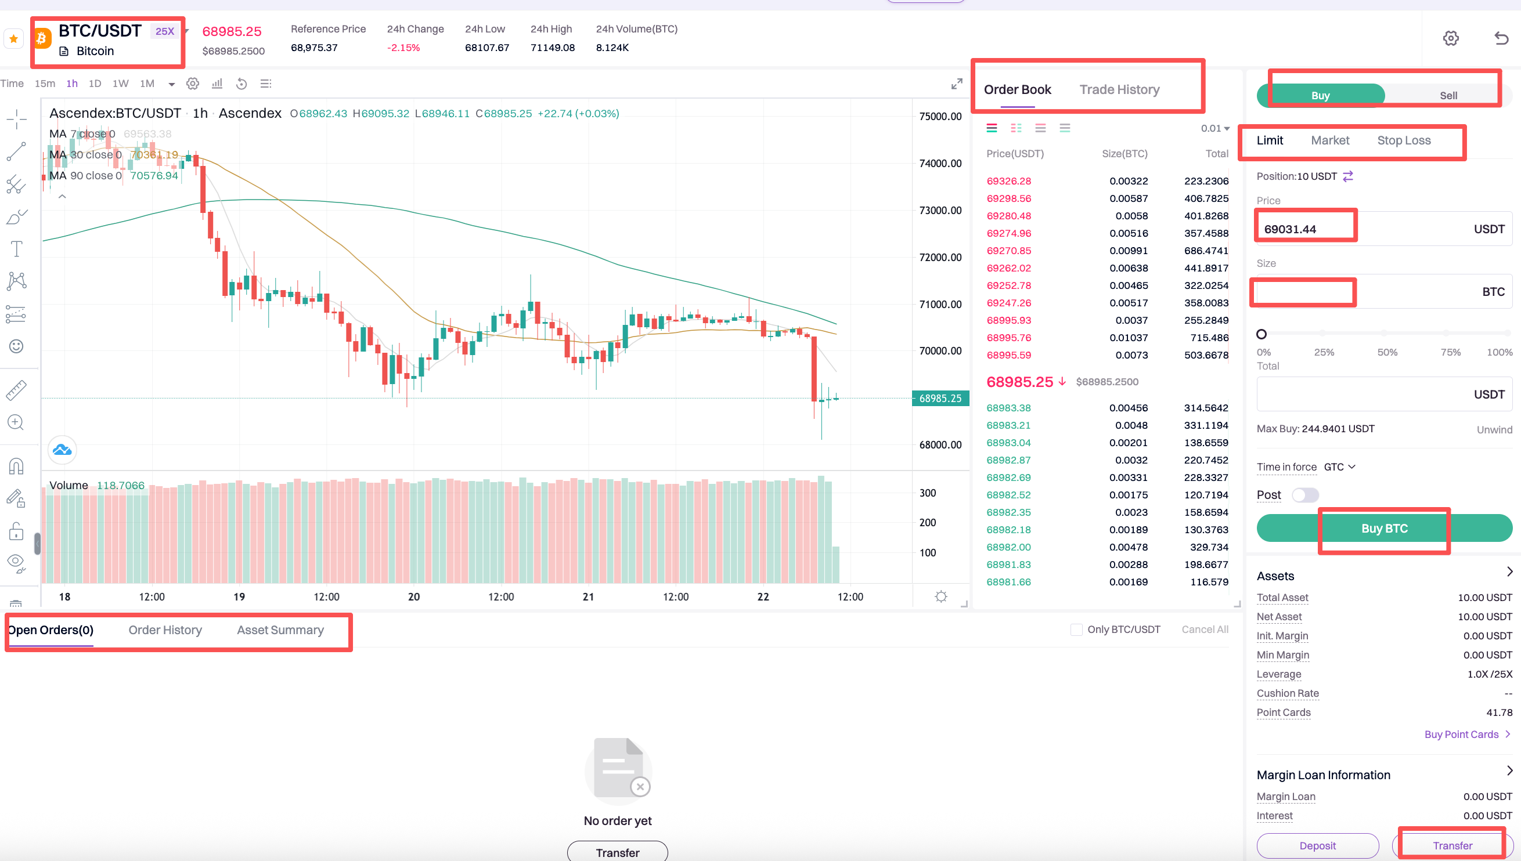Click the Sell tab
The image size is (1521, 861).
pyautogui.click(x=1447, y=96)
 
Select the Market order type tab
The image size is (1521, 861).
pyautogui.click(x=1329, y=141)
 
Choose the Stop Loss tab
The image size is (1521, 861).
pyautogui.click(x=1403, y=141)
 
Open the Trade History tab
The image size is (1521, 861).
pyautogui.click(x=1119, y=90)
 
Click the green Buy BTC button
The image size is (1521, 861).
pyautogui.click(x=1384, y=529)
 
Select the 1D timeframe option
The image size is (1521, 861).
pyautogui.click(x=95, y=84)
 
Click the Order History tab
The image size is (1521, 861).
pyautogui.click(x=165, y=630)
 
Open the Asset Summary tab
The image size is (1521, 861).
pyautogui.click(x=280, y=630)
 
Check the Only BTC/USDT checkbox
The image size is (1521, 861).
pyautogui.click(x=1076, y=630)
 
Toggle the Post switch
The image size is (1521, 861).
pyautogui.click(x=1304, y=495)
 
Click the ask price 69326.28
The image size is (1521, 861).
pyautogui.click(x=1008, y=182)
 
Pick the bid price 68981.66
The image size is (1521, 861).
pyautogui.click(x=1008, y=583)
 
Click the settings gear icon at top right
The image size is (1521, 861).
pyautogui.click(x=1450, y=38)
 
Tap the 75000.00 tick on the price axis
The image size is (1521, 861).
pyautogui.click(x=940, y=117)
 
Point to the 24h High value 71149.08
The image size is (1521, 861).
pyautogui.click(x=552, y=48)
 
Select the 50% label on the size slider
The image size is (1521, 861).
pyautogui.click(x=1387, y=352)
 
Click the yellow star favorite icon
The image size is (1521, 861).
pyautogui.click(x=13, y=39)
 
